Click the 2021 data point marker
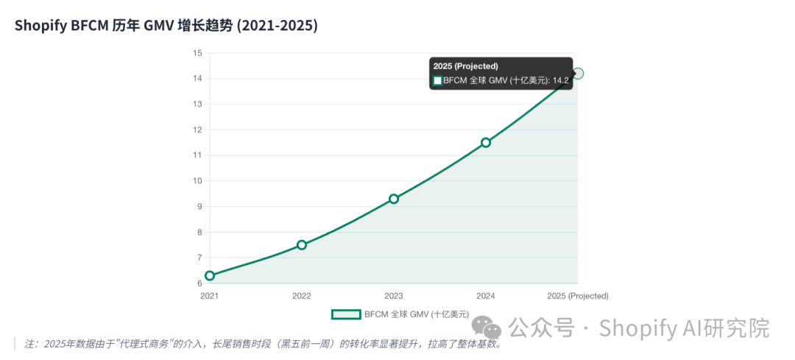click(209, 276)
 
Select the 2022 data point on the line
click(302, 245)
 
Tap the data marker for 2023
click(393, 199)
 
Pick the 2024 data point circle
click(486, 143)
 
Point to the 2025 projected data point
click(578, 74)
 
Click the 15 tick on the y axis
click(198, 53)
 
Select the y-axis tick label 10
click(198, 181)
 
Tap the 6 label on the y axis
click(199, 283)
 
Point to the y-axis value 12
click(198, 130)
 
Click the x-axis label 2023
click(393, 296)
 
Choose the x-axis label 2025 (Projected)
click(578, 296)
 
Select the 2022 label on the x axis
click(302, 296)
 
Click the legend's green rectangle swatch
click(346, 314)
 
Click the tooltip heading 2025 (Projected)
click(465, 66)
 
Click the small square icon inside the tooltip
click(437, 80)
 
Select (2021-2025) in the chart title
click(278, 26)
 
